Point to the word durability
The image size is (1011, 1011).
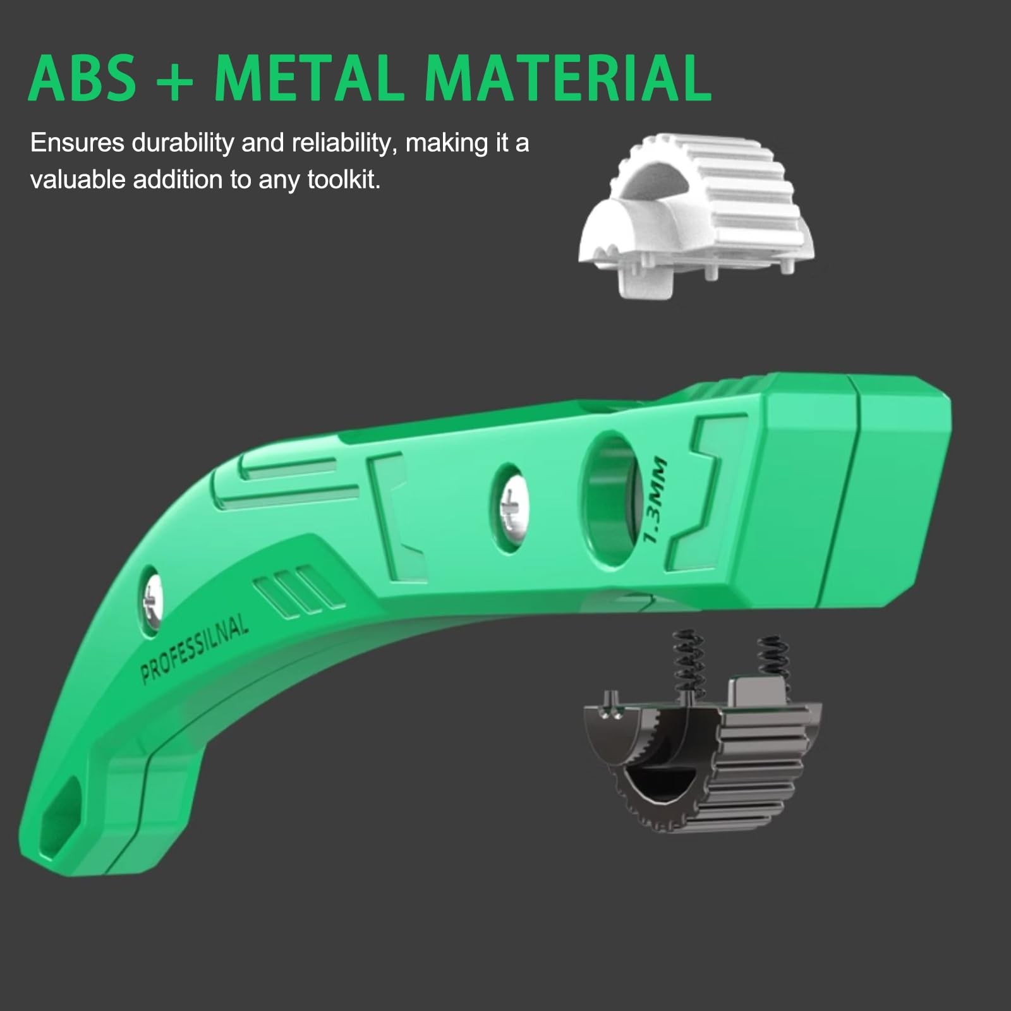[183, 144]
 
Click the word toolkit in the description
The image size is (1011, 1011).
[344, 180]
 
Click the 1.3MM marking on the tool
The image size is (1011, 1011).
[653, 499]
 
